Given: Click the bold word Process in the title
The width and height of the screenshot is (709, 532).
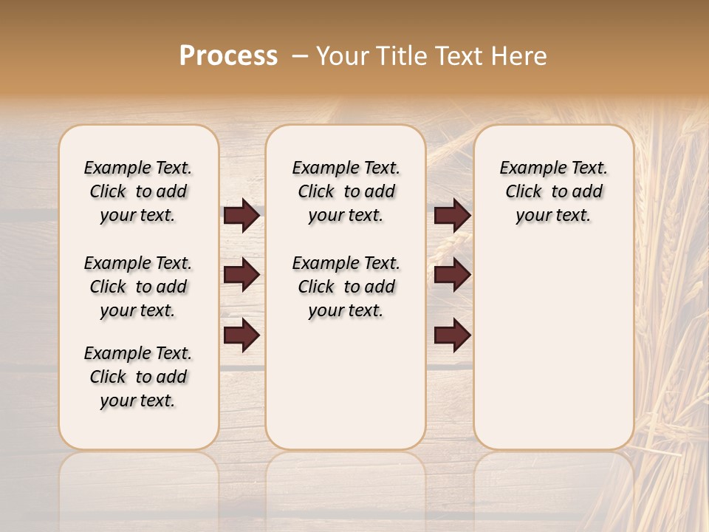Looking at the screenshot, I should [228, 56].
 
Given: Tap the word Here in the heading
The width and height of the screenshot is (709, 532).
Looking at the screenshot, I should [521, 56].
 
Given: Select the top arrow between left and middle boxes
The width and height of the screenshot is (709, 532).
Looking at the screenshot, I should [242, 216].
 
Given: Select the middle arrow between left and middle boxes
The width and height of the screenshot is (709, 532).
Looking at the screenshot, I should [242, 275].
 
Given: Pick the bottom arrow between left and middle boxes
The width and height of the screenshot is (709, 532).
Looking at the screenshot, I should [242, 335].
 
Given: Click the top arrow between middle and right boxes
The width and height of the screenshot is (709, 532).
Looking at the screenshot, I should [452, 216].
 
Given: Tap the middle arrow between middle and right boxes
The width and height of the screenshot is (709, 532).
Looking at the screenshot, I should [452, 275].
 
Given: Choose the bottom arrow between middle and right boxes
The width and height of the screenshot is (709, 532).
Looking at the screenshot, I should [452, 335].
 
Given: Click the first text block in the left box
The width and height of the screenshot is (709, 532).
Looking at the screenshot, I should [138, 191].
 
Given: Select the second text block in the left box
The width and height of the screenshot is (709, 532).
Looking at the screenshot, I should [138, 287].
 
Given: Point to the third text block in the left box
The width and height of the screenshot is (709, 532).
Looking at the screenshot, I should [138, 377].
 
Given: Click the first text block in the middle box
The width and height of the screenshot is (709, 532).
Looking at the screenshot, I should [346, 191].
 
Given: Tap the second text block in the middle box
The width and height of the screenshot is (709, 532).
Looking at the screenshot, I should [346, 287].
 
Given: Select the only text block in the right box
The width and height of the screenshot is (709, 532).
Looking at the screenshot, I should [553, 191].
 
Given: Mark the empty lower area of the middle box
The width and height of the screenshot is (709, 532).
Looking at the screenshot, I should [346, 384].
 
